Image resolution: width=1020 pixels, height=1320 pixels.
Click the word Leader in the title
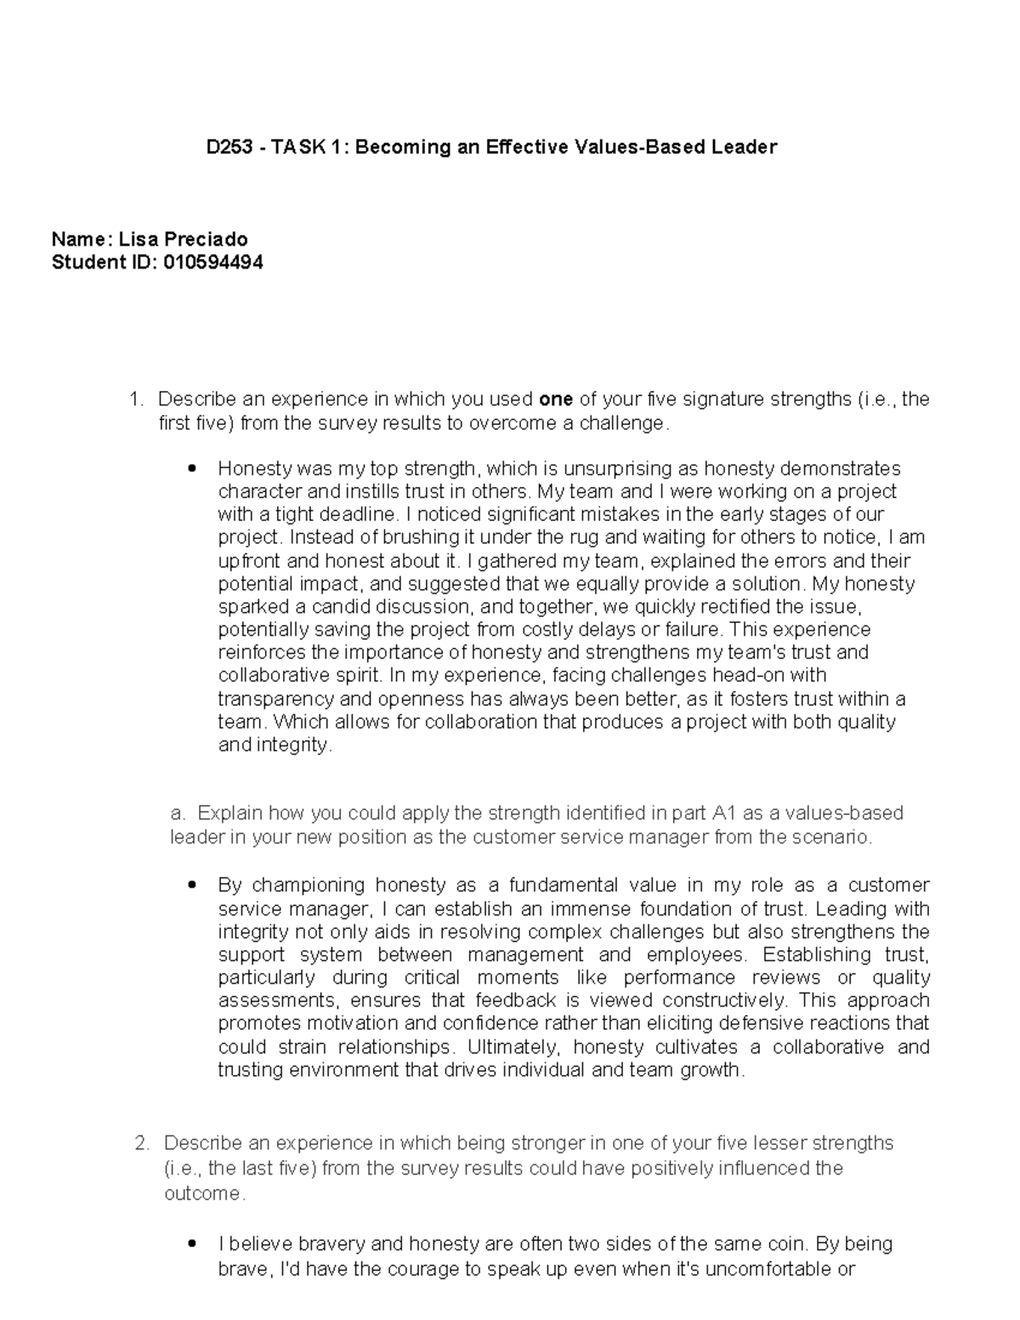click(745, 147)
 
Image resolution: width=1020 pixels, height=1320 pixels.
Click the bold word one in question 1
click(556, 399)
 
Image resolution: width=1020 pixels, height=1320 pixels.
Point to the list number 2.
click(142, 1143)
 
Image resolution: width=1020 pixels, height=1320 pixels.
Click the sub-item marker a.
click(176, 813)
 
